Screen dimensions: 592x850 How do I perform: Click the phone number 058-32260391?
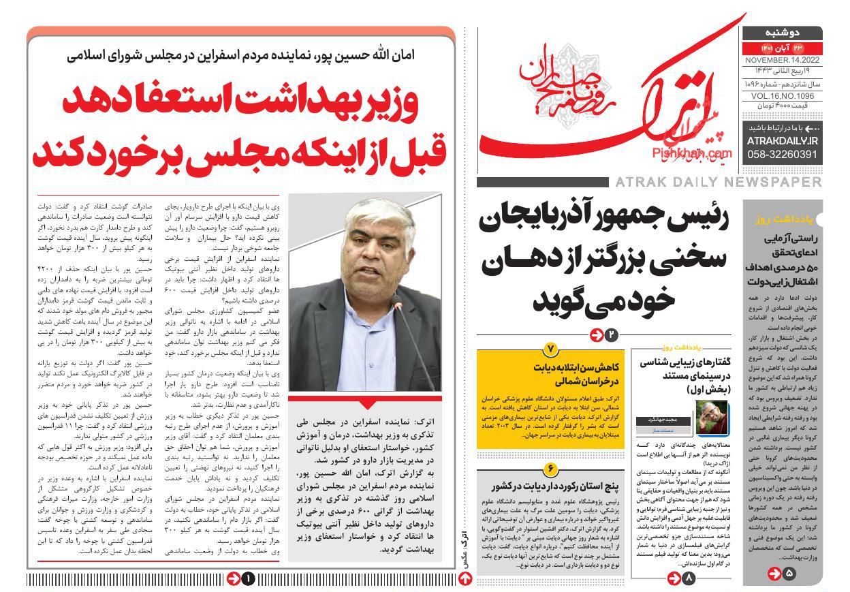click(x=782, y=155)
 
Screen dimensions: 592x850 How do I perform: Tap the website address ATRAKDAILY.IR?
click(x=782, y=140)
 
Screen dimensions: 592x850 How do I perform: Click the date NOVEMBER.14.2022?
click(x=781, y=60)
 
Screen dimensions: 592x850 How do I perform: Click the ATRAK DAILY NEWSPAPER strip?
click(x=718, y=182)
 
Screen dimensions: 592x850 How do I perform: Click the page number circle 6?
click(x=550, y=469)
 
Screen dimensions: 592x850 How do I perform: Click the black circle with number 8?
click(x=688, y=578)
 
